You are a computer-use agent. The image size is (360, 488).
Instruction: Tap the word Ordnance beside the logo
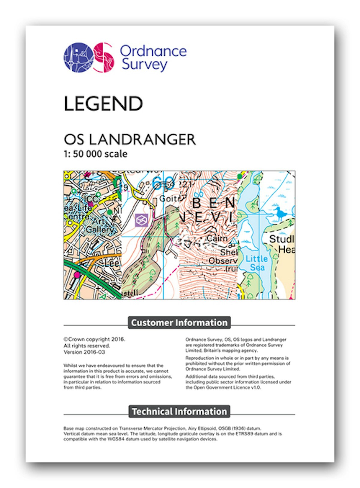153,51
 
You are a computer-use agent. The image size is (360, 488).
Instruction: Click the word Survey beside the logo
144,65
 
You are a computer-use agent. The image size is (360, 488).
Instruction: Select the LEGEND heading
103,104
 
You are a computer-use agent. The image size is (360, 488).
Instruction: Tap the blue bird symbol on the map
280,214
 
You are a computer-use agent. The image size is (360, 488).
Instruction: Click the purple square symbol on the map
141,220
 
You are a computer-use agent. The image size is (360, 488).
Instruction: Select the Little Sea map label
257,263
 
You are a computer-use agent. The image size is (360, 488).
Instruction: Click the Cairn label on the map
217,239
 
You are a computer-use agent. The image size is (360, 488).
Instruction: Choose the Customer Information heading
179,323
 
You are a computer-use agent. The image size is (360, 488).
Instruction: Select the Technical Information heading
179,412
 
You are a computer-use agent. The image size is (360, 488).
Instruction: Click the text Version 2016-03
84,352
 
